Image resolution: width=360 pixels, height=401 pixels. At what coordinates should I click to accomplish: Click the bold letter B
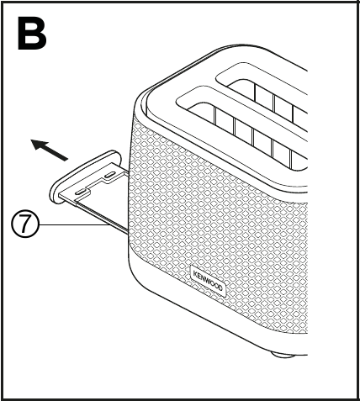[x=32, y=33]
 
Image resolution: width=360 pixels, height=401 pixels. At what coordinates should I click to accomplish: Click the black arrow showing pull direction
[x=50, y=150]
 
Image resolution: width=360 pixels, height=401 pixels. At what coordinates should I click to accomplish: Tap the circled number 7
[x=25, y=224]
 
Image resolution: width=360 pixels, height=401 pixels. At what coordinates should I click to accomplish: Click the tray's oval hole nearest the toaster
[x=109, y=176]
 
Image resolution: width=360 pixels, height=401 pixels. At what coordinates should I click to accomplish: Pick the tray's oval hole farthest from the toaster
[x=80, y=193]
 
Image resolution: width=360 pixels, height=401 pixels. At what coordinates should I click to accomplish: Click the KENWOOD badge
[x=208, y=281]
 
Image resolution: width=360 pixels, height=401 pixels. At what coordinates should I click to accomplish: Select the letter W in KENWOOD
[x=208, y=281]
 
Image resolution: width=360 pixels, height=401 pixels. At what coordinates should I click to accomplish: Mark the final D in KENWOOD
[x=220, y=288]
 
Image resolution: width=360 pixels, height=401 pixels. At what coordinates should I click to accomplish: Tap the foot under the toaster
[x=283, y=356]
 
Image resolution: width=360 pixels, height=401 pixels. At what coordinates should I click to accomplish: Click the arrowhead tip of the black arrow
[x=31, y=140]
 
